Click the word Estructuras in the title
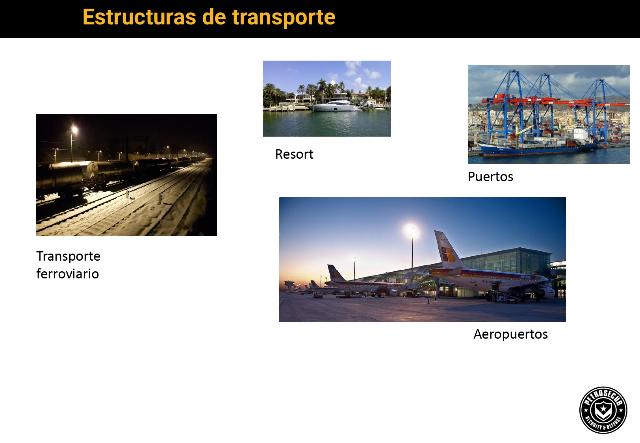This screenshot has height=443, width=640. pos(139,17)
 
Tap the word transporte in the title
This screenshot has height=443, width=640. pos(284,18)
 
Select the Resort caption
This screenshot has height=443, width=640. pos(294,154)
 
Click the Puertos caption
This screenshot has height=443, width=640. pos(490,176)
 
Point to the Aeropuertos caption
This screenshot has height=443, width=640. pos(510,334)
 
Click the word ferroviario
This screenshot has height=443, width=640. pos(67,274)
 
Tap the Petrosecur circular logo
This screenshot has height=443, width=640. pos(603,410)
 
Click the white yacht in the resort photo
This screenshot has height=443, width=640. pos(334,106)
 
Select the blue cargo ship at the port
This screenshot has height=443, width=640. pos(537,148)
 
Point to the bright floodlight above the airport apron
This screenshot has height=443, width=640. pos(412,231)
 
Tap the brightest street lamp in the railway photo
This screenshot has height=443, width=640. pos(74,130)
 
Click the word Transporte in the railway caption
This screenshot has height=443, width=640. pos(68,256)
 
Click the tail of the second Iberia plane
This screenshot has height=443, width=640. pos(335,273)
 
